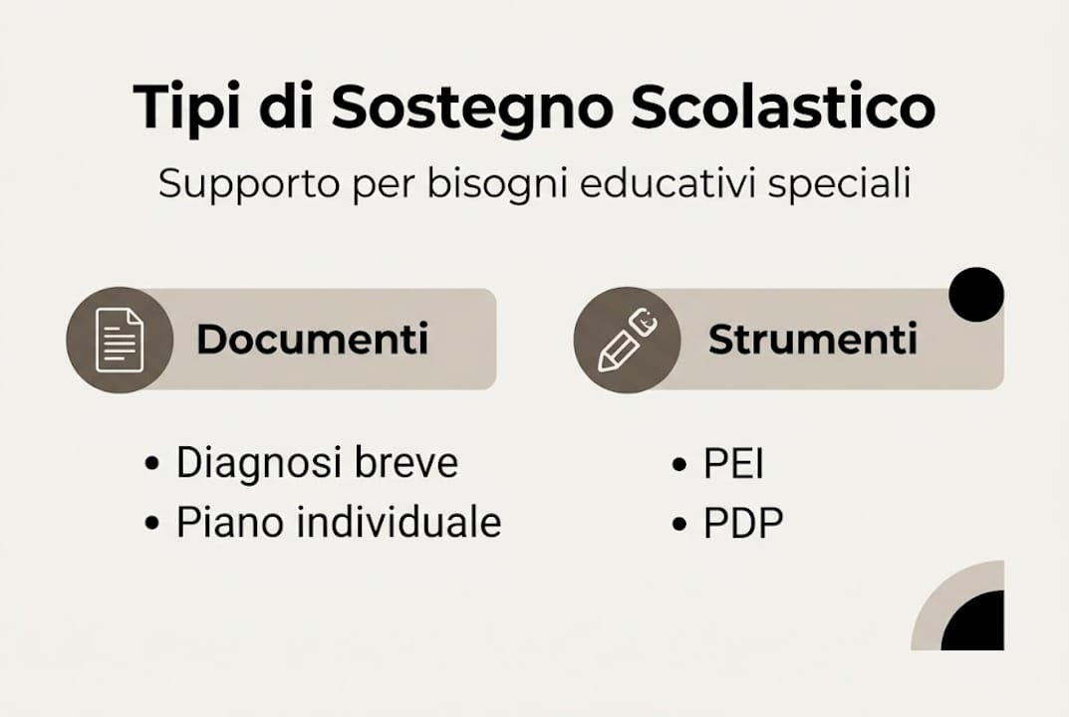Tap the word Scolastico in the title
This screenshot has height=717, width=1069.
pyautogui.click(x=782, y=107)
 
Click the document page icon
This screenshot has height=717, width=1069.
pyautogui.click(x=120, y=340)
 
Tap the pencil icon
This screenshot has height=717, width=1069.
pyautogui.click(x=626, y=341)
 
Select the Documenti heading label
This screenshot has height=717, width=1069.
pyautogui.click(x=312, y=340)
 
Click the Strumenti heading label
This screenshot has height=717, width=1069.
pyautogui.click(x=812, y=340)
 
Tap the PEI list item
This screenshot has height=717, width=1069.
pyautogui.click(x=733, y=464)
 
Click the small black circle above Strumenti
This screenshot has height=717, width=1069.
pyautogui.click(x=976, y=295)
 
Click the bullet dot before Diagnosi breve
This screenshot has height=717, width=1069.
pyautogui.click(x=151, y=464)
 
